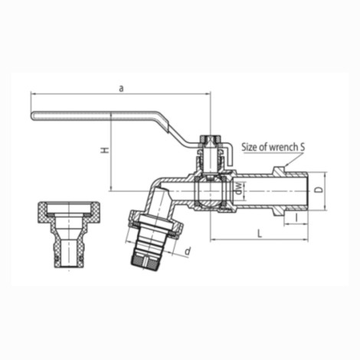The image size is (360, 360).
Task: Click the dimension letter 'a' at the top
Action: click(121, 88)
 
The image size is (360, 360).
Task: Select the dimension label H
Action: click(105, 151)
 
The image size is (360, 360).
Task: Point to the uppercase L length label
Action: click(260, 232)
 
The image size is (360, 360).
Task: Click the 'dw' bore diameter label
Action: click(238, 189)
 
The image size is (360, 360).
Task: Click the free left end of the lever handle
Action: click(35, 116)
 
